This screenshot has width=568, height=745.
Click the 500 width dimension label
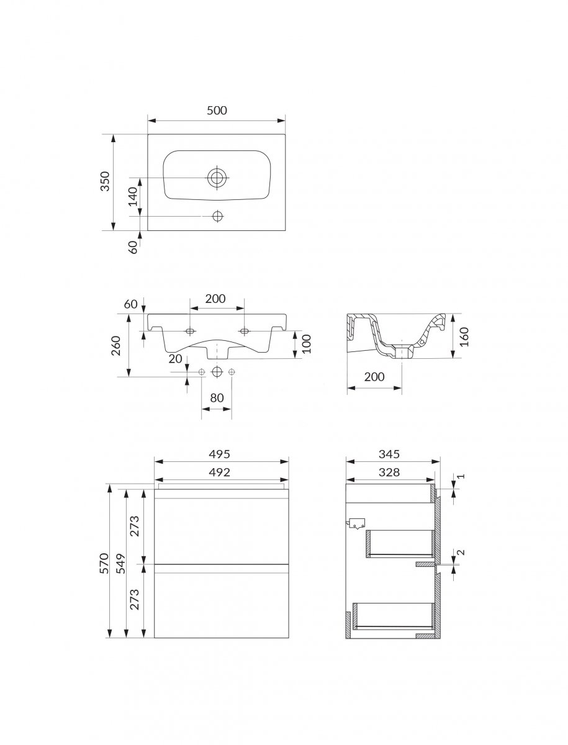(217, 111)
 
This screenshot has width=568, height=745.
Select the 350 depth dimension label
(106, 181)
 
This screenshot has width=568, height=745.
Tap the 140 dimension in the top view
(133, 197)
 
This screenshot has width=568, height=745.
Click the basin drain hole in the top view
(217, 178)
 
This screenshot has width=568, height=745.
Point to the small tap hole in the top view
(217, 216)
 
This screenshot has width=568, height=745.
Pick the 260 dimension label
(116, 346)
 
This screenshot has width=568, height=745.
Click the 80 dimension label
(217, 398)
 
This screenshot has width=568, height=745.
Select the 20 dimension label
(176, 359)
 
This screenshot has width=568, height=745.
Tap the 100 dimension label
(306, 344)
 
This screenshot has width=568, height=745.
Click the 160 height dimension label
(465, 336)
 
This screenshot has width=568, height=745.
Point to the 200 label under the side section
(374, 377)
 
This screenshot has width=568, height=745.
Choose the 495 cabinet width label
(220, 454)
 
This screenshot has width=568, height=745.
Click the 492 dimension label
(220, 472)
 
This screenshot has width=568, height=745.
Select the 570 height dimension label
(104, 564)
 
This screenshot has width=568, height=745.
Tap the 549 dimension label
(121, 564)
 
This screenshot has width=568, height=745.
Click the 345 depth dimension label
(389, 454)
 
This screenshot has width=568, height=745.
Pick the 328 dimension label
(389, 472)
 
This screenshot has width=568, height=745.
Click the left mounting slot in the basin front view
(191, 330)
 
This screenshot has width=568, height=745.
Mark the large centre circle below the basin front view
(217, 372)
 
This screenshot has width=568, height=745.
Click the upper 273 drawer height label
(135, 526)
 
